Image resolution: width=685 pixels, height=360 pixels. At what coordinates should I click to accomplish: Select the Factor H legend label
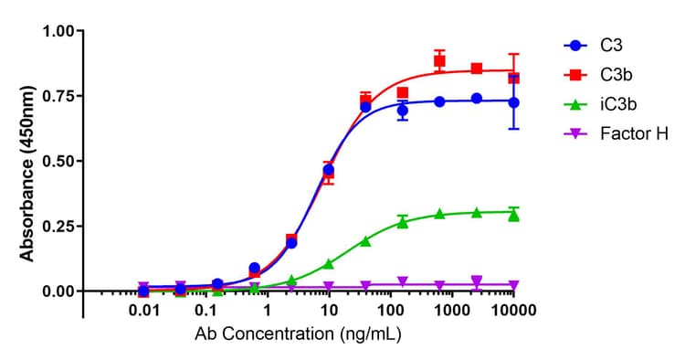click(634, 133)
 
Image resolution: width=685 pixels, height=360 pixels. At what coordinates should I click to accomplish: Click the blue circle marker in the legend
click(574, 44)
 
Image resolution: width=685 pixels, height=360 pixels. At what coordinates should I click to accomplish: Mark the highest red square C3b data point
click(439, 61)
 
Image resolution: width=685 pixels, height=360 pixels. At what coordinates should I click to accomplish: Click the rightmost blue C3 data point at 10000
click(513, 102)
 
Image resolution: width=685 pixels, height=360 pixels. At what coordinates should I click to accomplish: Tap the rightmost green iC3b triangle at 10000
click(513, 216)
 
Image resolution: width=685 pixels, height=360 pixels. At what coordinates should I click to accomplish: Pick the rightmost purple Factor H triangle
click(513, 286)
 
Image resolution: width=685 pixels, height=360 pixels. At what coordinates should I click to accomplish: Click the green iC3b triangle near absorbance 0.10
click(329, 264)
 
